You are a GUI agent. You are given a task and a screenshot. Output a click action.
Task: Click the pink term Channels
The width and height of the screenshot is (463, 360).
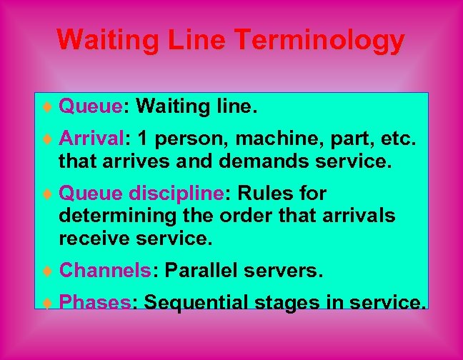coord(104,271)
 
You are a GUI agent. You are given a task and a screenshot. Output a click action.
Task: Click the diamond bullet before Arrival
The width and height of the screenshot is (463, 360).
coord(47,137)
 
